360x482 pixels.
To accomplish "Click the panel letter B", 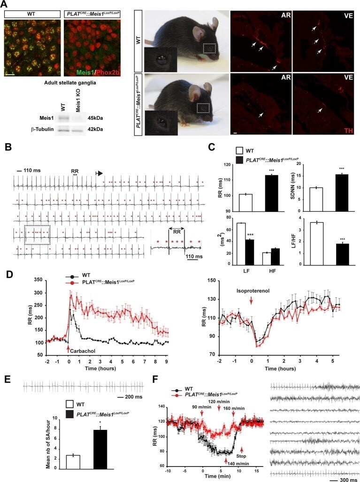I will coord(8,148).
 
